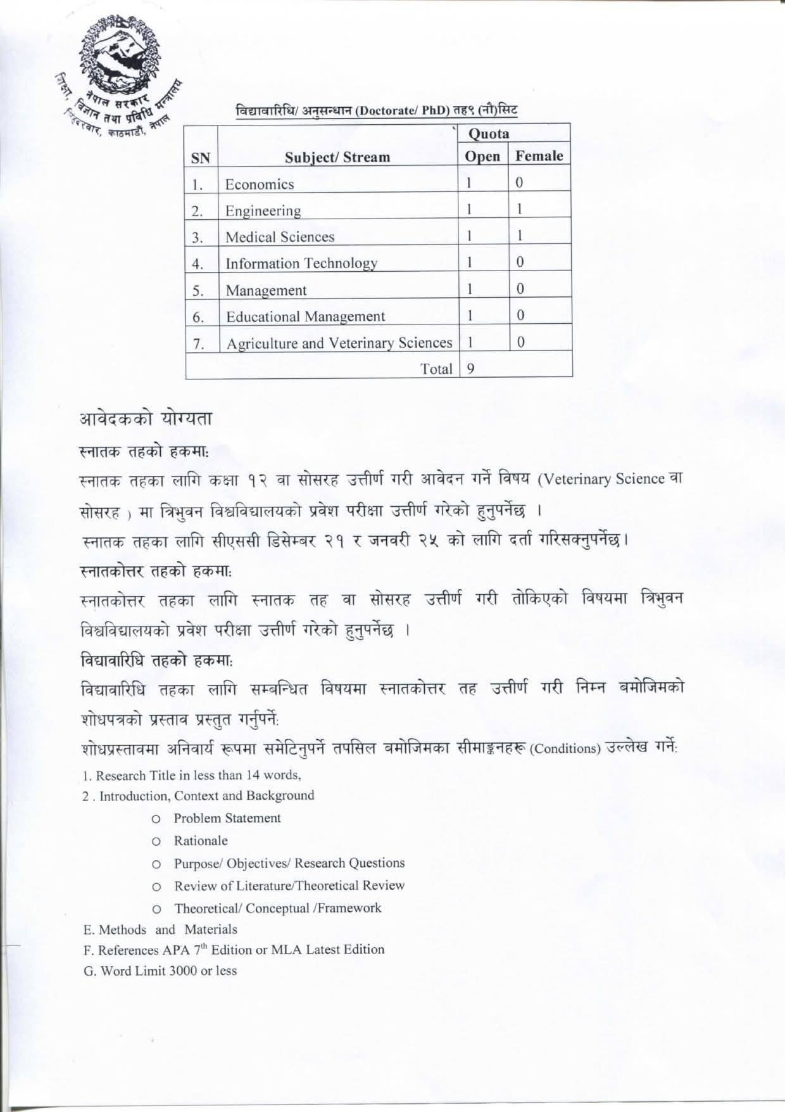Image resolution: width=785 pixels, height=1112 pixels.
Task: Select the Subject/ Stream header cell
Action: tap(337, 157)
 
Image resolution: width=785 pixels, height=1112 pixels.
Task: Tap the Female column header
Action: tap(539, 156)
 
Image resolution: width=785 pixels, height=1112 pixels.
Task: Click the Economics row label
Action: tap(260, 184)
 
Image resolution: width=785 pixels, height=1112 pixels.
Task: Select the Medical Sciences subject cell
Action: tap(280, 237)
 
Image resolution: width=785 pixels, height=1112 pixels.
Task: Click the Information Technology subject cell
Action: tap(301, 263)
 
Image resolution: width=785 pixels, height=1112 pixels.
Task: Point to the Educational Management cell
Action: tap(305, 316)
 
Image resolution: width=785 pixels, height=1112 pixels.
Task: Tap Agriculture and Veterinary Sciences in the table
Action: tap(339, 343)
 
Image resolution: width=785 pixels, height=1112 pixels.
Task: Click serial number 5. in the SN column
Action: tap(198, 291)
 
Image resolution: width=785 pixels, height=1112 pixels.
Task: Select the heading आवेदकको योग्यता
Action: tap(145, 419)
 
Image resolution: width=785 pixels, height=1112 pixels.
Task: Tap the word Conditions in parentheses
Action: tap(565, 748)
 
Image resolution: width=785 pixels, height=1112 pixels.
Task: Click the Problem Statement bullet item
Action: tap(227, 818)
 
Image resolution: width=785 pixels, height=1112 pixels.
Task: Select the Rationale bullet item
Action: tap(201, 841)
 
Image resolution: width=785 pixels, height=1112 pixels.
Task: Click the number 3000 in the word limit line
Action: tap(183, 971)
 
